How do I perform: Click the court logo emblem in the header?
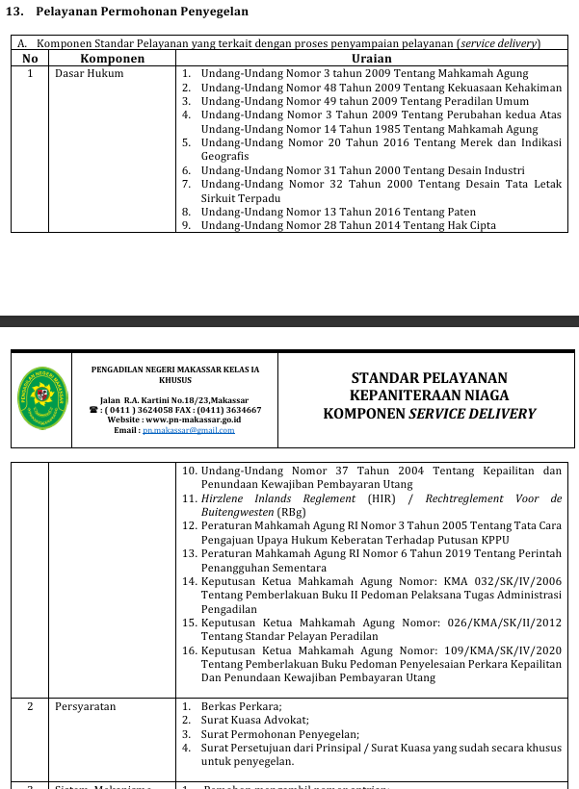tap(42, 395)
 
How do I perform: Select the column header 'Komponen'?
tap(113, 59)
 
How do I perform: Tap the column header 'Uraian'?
tap(371, 59)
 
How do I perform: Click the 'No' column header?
tap(30, 59)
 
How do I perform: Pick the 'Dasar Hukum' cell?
tap(90, 73)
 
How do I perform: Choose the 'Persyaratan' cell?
tap(86, 706)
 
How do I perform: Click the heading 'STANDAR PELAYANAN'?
tap(429, 378)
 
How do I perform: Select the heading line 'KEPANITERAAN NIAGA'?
tap(429, 395)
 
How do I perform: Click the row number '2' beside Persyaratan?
tap(30, 706)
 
